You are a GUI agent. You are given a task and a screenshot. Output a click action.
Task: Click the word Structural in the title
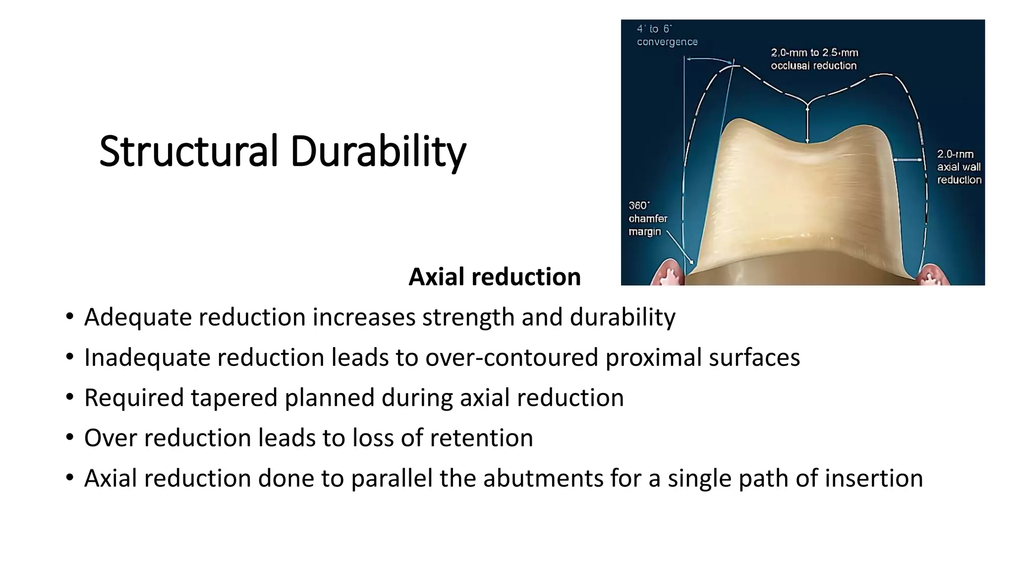tap(188, 151)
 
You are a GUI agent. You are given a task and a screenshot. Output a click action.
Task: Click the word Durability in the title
tap(378, 151)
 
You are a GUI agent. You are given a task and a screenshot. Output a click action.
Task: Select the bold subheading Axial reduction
tap(494, 277)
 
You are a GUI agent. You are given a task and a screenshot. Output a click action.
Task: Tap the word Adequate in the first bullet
tap(138, 317)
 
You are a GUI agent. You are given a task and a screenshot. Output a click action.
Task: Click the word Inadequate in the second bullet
tap(147, 357)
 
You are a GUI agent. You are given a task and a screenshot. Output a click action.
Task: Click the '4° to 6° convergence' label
tap(667, 36)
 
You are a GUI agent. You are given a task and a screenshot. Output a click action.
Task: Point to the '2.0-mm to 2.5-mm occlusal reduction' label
tap(814, 59)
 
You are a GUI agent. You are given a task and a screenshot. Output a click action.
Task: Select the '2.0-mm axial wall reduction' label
tap(959, 167)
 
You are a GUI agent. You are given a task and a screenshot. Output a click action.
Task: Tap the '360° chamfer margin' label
tap(648, 219)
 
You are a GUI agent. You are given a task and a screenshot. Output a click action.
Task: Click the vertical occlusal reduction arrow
tap(807, 124)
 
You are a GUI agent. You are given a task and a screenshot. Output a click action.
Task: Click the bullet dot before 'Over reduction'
tap(70, 438)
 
